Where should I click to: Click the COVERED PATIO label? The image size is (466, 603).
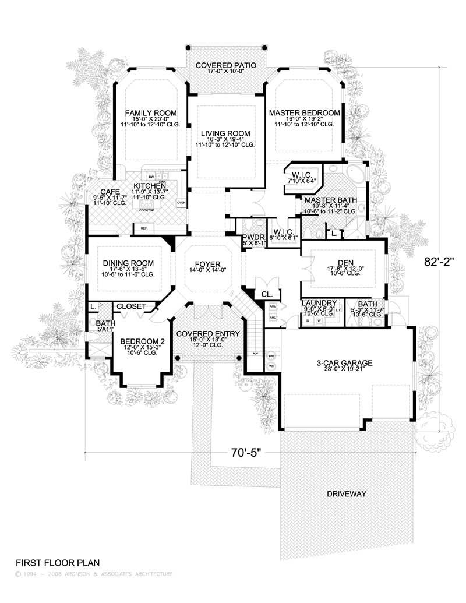225,65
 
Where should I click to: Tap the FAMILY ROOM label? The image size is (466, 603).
151,113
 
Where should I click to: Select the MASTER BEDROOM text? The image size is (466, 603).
303,112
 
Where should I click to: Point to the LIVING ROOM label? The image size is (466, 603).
225,134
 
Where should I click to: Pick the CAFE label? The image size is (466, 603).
110,192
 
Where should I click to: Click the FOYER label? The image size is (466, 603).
208,263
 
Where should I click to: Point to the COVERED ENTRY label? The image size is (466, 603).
208,333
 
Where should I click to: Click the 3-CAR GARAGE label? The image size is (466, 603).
344,363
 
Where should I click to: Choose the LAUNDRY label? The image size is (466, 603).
319,303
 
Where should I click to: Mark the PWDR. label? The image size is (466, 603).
253,238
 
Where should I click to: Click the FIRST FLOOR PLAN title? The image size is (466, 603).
58,563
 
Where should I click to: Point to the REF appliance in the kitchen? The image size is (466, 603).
143,228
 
